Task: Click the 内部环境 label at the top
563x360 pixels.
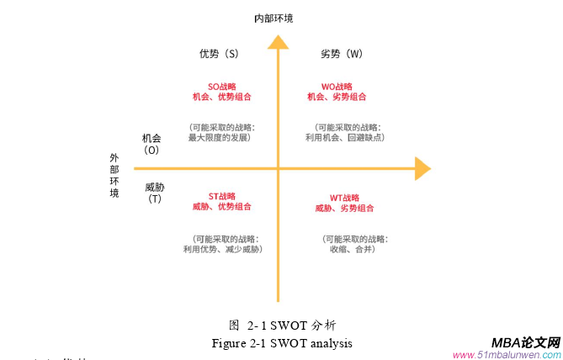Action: (x=275, y=17)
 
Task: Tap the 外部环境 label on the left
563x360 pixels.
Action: (x=114, y=175)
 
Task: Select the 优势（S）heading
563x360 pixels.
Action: (x=219, y=54)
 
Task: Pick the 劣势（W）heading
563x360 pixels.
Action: (x=342, y=54)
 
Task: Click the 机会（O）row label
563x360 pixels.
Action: (x=152, y=144)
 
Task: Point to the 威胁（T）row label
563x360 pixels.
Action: (x=155, y=193)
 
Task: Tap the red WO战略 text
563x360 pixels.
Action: (x=337, y=86)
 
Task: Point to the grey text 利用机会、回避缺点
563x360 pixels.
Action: (x=344, y=137)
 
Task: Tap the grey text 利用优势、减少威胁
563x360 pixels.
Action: (x=222, y=249)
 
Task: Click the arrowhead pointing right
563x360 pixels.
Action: (x=422, y=168)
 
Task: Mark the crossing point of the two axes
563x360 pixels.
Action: (x=277, y=168)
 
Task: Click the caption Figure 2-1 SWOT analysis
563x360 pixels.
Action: (x=282, y=343)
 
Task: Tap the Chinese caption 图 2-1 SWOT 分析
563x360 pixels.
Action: (x=283, y=325)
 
